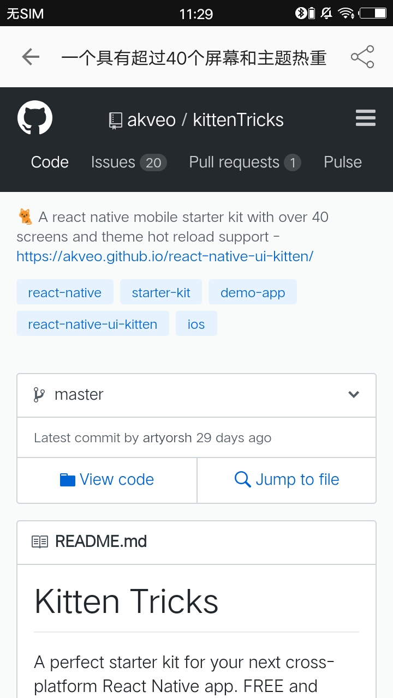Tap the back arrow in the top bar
coord(31,57)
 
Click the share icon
coord(362,57)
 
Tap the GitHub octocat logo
coord(35,117)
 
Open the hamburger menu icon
coord(366,118)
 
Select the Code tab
coord(50,162)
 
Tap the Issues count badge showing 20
coord(153,163)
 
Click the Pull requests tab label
coord(234,163)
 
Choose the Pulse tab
coord(343,162)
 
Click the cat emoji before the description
coord(25,216)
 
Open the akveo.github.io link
coord(165,256)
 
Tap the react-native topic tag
coord(65,292)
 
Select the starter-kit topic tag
coord(161,292)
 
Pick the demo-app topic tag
coord(253,292)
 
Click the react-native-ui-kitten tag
coord(93,323)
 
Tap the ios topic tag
coord(196,323)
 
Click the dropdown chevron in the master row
coord(354,394)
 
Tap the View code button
coord(107,480)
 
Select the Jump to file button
coord(287,480)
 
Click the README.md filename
coord(101,541)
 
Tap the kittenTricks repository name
coord(239,120)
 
